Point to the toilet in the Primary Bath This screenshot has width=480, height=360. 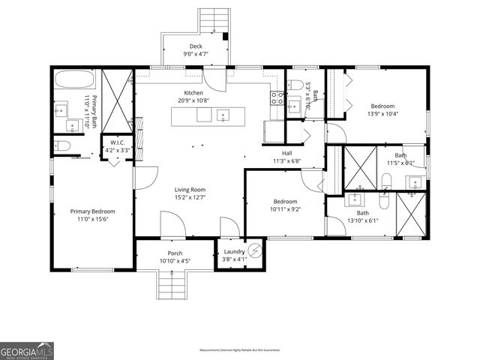63,145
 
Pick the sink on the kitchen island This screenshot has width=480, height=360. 223,115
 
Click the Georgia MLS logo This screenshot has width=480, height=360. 27,350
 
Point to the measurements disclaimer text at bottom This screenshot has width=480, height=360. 239,350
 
